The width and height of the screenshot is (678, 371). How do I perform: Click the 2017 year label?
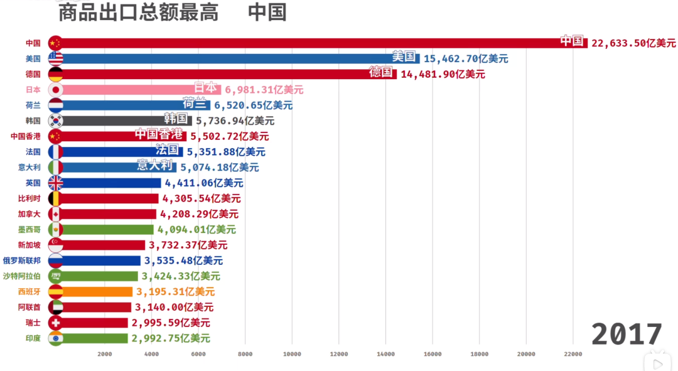[x=626, y=333]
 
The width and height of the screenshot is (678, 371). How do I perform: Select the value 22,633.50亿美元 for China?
[x=633, y=43]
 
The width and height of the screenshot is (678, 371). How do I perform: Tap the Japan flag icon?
[x=55, y=90]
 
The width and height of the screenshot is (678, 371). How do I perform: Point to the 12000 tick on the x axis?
[x=338, y=354]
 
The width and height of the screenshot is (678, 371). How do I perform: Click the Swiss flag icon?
[x=55, y=323]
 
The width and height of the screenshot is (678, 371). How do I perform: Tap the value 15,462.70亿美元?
[x=466, y=58]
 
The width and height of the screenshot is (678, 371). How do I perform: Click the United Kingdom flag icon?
[x=55, y=183]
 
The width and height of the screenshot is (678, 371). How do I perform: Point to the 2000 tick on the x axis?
[x=105, y=354]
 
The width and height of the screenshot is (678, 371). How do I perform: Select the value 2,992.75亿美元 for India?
[x=171, y=338]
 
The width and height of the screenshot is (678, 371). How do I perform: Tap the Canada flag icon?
[x=55, y=214]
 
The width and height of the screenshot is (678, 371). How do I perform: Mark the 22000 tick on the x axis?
[x=572, y=354]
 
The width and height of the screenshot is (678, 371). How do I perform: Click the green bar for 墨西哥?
[x=107, y=230]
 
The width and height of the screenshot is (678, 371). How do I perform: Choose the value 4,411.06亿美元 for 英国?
[x=204, y=183]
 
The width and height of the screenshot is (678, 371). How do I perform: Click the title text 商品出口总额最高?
[x=138, y=12]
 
